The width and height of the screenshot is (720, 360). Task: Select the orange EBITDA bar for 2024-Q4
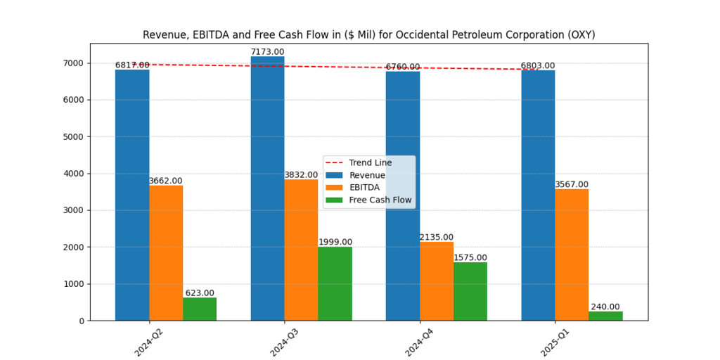437,281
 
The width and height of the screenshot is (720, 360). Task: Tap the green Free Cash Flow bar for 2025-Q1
605,316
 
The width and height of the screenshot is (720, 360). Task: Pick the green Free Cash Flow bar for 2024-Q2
200,309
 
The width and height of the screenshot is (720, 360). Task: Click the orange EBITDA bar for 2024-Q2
166,253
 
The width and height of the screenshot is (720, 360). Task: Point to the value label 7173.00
267,52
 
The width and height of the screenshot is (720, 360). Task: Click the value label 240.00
605,307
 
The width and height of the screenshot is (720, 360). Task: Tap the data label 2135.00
437,238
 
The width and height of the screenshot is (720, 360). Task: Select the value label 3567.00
572,185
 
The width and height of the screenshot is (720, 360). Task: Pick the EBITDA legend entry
364,188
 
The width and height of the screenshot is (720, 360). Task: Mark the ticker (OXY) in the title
581,34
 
